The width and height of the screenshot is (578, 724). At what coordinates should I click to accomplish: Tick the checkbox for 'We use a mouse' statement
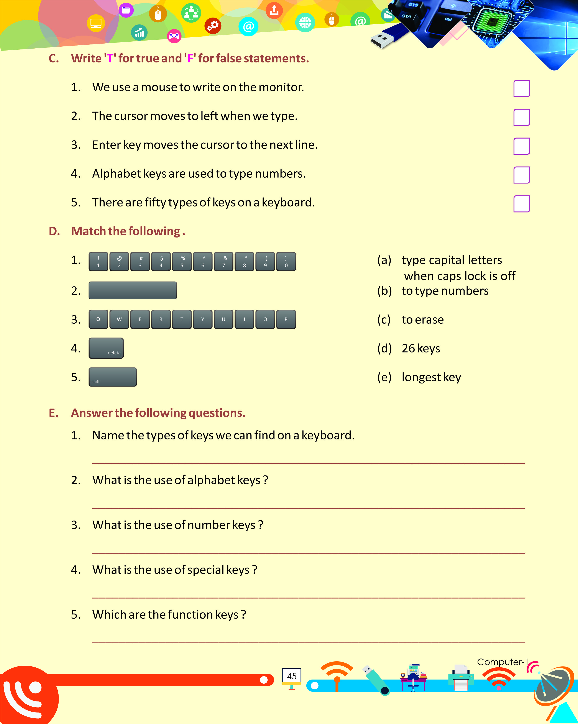click(522, 88)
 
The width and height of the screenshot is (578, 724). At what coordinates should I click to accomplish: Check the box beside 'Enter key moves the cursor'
click(522, 146)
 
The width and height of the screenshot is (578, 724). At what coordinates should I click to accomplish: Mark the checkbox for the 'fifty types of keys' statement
click(522, 204)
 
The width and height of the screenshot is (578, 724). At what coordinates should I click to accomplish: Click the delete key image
click(106, 348)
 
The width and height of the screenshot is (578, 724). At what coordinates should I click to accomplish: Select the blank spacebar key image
click(133, 290)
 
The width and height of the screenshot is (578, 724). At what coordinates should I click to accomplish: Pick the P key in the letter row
click(286, 319)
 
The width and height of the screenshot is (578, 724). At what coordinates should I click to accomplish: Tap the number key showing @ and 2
click(119, 262)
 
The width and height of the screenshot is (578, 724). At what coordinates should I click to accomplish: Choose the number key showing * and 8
click(245, 262)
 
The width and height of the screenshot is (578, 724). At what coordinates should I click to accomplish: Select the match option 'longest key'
click(431, 377)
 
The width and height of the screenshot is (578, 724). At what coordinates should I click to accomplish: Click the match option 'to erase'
click(422, 320)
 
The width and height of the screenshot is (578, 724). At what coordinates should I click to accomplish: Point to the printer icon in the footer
click(461, 678)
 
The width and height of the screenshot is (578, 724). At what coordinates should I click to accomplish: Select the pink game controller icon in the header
click(174, 36)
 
